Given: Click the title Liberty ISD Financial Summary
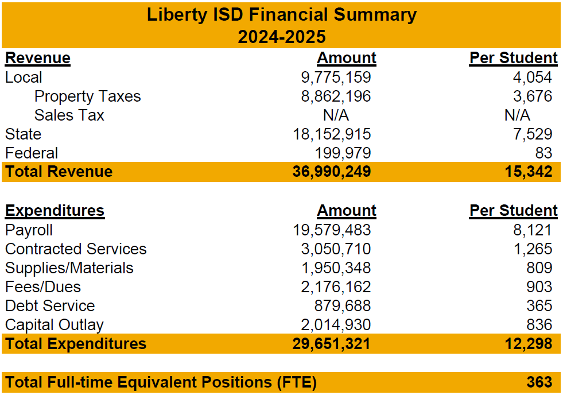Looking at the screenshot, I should point(282,14).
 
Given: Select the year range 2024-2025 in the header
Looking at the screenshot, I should point(282,37).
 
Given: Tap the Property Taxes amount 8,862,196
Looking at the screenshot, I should point(336,96).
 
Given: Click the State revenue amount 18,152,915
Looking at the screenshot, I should point(332,134).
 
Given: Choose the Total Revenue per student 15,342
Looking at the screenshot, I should point(530,172).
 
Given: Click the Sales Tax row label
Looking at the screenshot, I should point(69,115).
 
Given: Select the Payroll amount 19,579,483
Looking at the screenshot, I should point(332,230).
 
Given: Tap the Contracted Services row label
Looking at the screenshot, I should point(76,249).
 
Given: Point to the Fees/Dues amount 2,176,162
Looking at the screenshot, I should point(336,287).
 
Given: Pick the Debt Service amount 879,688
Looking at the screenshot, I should point(343,306).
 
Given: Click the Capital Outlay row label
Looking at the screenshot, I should point(55,325).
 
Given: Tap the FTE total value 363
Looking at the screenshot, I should point(539,382).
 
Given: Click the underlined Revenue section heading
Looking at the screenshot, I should point(38,58).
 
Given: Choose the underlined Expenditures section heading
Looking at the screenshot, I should point(55,211).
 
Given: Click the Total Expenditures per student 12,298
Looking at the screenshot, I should point(530,344).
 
